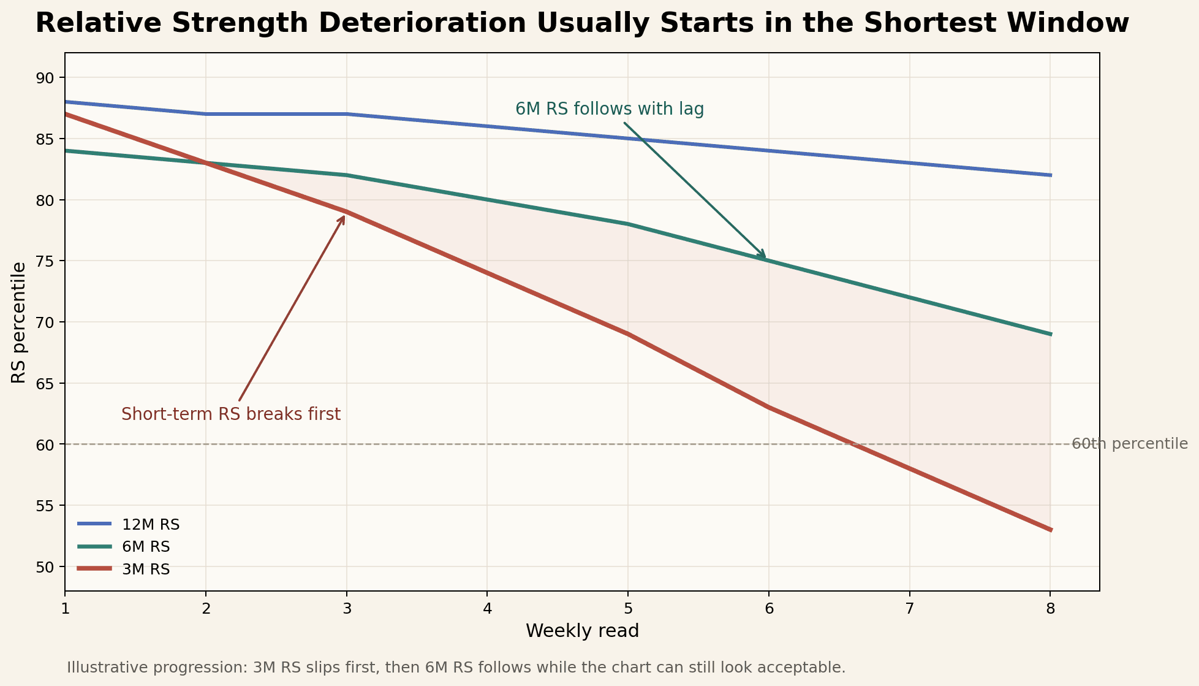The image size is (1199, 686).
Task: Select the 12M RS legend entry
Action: tap(150, 524)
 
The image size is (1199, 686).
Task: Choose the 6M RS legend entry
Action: tap(146, 546)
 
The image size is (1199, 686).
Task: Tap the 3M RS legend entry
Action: tap(146, 569)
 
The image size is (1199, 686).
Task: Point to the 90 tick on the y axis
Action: tap(47, 78)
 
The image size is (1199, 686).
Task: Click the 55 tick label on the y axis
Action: tap(47, 506)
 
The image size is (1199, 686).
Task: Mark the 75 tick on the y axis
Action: tap(47, 261)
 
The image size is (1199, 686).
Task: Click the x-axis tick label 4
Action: tap(487, 609)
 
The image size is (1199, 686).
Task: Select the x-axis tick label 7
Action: tap(910, 609)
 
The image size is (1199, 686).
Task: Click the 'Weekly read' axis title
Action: tap(582, 631)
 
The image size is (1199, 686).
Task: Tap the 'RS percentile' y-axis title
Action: tap(19, 322)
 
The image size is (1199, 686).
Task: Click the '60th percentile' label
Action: tap(1129, 444)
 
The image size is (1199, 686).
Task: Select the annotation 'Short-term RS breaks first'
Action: tap(231, 414)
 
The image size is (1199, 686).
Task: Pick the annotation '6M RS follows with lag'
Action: tap(609, 109)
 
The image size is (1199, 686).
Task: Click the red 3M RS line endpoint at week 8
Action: tap(1050, 530)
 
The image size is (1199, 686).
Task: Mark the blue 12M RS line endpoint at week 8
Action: tap(1050, 175)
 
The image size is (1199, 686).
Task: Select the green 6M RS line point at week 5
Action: tap(628, 224)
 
